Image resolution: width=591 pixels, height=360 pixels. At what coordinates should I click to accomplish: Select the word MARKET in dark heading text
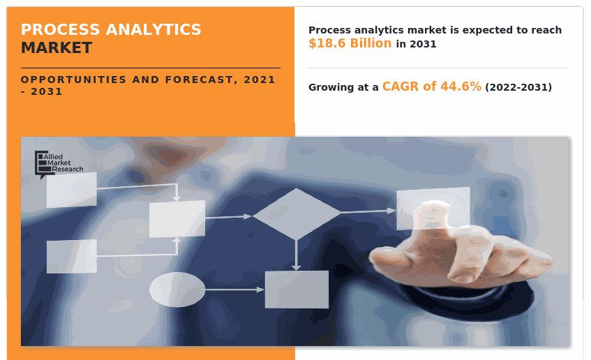[56, 48]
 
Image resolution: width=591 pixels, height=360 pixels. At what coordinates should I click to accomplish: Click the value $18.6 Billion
[350, 43]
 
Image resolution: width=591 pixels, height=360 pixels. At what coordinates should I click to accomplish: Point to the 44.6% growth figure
[461, 87]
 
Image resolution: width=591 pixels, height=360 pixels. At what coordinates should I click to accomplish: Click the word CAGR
[401, 87]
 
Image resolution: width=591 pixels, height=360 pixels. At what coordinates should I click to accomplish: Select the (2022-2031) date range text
[518, 87]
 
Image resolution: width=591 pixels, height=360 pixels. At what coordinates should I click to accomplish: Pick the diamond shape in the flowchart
[297, 213]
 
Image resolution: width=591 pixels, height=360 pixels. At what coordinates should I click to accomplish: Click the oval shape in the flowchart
[177, 290]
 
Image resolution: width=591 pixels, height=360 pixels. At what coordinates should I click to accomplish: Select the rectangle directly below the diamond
[297, 290]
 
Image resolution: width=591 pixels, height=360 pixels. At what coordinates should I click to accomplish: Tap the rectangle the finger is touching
[433, 208]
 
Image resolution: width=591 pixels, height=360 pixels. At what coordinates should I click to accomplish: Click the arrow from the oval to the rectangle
[234, 290]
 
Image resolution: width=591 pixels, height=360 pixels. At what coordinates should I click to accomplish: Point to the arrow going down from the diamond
[297, 255]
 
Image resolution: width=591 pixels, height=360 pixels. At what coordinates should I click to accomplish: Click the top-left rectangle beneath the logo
[72, 190]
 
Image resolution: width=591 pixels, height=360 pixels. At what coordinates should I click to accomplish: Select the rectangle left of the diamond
[177, 218]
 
